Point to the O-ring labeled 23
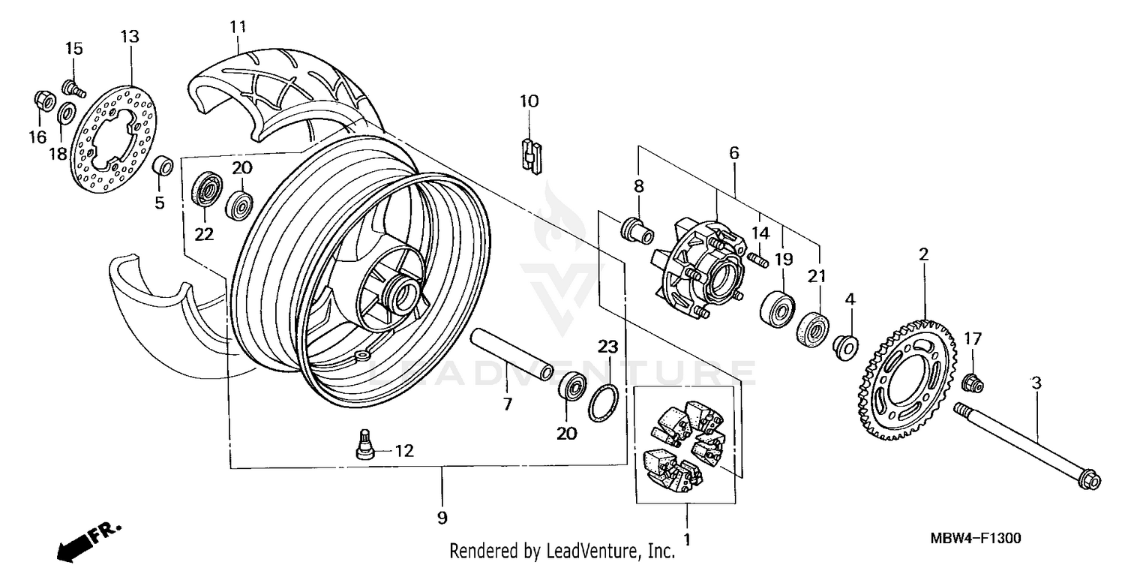[x=604, y=404]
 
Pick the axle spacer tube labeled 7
[x=511, y=355]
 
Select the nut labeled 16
[x=43, y=100]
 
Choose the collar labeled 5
[x=163, y=165]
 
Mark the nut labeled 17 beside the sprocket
[x=972, y=383]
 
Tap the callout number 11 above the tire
[x=238, y=28]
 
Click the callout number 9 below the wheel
[x=442, y=517]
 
